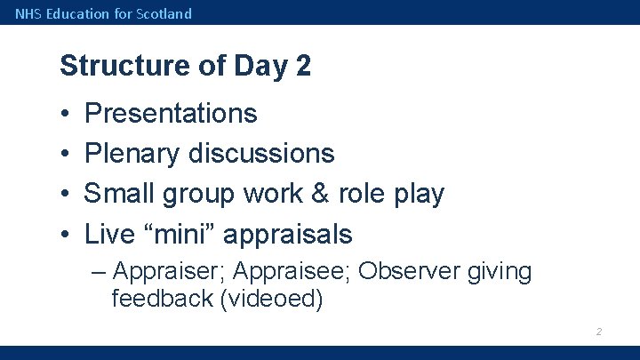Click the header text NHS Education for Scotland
103,13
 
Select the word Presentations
171,114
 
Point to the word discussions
261,154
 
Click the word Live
110,235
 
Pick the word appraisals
287,235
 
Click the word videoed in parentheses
270,299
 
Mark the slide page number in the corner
599,332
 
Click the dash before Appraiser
100,272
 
